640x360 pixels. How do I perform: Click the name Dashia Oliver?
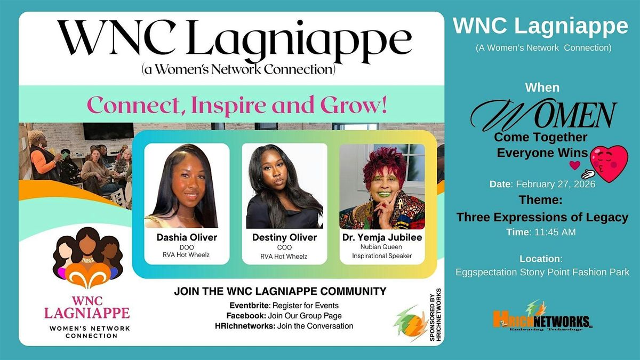point(187,237)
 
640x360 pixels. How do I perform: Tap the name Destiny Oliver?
point(284,237)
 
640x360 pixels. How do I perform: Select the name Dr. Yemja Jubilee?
point(382,237)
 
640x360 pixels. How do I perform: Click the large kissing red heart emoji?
point(609,163)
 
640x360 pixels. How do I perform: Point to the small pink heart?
point(574,165)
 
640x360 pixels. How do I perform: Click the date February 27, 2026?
point(555,184)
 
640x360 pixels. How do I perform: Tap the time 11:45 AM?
point(555,231)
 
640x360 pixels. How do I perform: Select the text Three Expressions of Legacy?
point(542,217)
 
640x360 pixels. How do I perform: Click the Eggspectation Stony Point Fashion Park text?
point(542,272)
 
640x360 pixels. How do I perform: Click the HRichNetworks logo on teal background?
point(542,317)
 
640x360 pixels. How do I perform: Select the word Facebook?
point(246,316)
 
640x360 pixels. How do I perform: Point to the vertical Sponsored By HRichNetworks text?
point(435,315)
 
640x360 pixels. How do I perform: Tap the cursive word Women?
point(543,114)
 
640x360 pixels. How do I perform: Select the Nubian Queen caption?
point(381,247)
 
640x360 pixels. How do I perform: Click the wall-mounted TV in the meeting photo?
point(108,131)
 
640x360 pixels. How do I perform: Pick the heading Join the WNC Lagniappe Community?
point(280,291)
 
